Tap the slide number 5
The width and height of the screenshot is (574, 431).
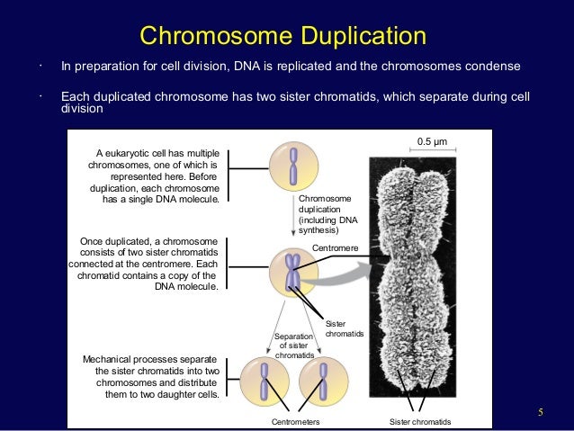(541, 413)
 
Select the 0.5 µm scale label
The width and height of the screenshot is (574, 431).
(432, 139)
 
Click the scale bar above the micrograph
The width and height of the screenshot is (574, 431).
(432, 150)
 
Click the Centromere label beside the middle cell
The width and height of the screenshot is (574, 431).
(334, 247)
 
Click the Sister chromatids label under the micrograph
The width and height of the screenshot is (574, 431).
(419, 421)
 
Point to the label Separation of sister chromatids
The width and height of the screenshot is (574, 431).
(295, 346)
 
